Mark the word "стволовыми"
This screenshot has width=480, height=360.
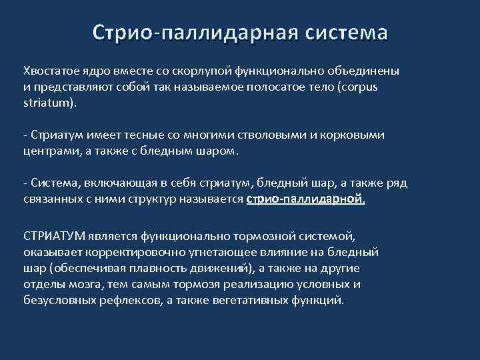coord(257,135)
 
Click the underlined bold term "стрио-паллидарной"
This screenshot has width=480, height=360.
coord(306,199)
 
